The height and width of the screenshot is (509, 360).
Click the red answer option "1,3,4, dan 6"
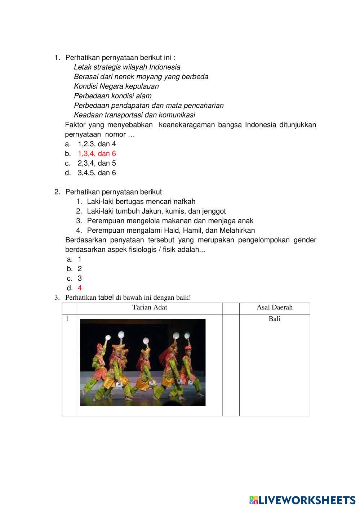pos(97,153)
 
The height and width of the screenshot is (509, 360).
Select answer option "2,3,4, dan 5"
pos(97,163)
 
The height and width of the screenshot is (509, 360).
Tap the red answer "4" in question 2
pos(80,288)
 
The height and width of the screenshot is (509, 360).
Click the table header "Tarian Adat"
pos(150,308)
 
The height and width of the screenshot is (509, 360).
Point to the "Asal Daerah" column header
pos(275,308)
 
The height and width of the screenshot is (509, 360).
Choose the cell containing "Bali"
pos(275,319)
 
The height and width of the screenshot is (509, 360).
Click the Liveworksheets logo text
pos(307,500)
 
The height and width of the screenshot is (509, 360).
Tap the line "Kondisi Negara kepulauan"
pos(116,86)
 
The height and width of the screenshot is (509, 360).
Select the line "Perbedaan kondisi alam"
pos(112,96)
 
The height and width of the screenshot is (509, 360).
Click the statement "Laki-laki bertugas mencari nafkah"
pos(141,201)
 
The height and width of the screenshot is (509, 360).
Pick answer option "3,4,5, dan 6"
pos(97,173)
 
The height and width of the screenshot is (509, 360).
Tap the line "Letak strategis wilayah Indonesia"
pos(127,67)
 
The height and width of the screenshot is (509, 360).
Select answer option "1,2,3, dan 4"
pos(97,144)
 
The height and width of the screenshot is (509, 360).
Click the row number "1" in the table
pos(67,319)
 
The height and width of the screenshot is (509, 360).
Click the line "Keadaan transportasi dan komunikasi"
pos(134,115)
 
